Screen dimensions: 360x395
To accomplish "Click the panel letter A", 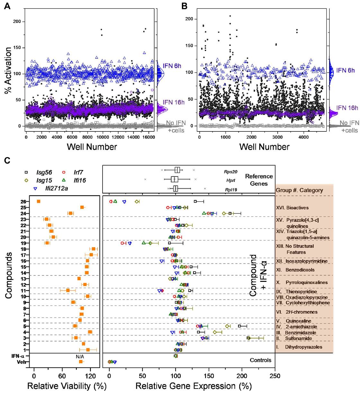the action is point(7,6).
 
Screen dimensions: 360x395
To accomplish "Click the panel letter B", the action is point(184,6).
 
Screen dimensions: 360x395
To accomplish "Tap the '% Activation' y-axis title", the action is point(8,70).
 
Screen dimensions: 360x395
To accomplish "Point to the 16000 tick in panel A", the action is point(148,137).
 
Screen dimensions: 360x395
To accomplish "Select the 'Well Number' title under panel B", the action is point(264,147).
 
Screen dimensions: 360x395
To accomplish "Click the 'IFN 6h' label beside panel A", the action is point(172,66).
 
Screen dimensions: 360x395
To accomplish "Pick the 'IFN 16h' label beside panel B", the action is point(347,108).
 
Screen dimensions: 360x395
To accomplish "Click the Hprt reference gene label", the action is point(230,180).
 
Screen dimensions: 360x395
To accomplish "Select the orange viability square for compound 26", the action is point(39,201).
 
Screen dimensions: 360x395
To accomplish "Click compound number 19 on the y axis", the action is point(23,243).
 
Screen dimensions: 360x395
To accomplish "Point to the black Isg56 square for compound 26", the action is point(195,202).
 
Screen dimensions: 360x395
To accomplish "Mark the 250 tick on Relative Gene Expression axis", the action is point(275,376).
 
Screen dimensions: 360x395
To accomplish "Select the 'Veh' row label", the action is point(21,362).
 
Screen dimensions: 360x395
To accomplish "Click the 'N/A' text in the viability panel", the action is point(80,356).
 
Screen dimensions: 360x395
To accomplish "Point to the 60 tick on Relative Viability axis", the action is point(62,376).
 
